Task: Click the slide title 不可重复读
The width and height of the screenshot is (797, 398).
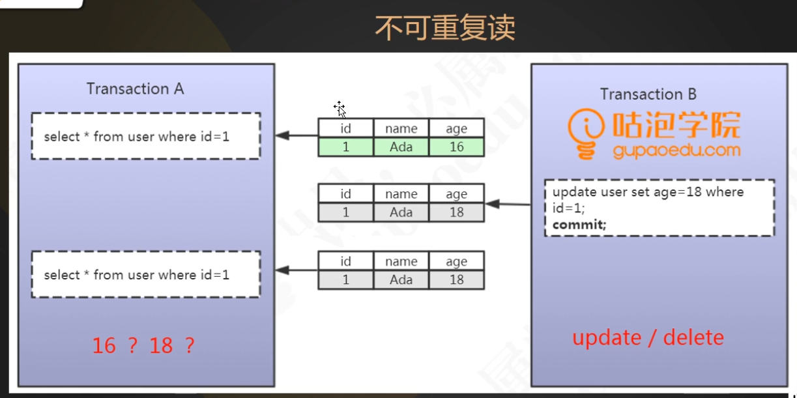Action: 444,27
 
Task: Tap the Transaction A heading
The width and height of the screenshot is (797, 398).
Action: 135,89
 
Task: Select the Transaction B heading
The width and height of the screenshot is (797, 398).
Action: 648,94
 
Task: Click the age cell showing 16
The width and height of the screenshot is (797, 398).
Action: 456,147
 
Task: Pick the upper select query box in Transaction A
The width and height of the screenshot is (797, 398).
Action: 146,136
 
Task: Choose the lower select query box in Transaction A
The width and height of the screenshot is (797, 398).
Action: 146,275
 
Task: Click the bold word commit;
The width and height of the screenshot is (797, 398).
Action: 579,225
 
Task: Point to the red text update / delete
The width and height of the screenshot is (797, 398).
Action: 648,337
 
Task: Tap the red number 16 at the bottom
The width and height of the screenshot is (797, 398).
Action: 104,345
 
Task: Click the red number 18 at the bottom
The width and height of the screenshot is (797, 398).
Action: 161,345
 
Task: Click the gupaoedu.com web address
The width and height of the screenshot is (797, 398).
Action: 676,150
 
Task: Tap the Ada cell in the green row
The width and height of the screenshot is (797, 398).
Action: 401,147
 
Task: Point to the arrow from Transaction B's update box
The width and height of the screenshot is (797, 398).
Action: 508,204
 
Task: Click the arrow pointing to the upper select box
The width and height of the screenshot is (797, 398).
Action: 297,135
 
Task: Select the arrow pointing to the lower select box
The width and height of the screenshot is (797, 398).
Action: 297,270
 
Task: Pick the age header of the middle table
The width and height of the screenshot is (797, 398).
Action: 456,193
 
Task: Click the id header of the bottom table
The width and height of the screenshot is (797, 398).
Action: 345,261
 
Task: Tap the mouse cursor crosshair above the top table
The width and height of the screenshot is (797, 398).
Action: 339,107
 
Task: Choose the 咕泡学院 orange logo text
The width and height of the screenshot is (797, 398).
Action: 676,125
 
